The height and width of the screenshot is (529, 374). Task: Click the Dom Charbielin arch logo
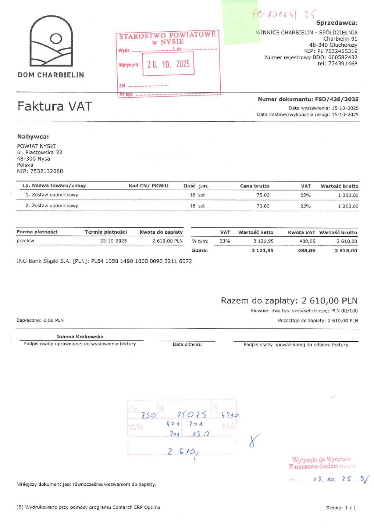click(x=51, y=41)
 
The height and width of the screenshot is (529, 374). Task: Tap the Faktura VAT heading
click(x=54, y=106)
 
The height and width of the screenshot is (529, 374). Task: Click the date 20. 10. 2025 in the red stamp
click(x=168, y=64)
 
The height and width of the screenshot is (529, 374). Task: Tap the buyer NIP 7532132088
click(x=40, y=171)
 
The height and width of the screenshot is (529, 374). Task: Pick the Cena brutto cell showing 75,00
click(x=263, y=195)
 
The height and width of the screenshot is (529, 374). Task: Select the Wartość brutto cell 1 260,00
click(x=348, y=206)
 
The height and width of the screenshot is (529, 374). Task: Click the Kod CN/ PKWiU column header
click(x=148, y=186)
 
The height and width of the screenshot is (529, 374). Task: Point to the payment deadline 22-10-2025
click(x=114, y=241)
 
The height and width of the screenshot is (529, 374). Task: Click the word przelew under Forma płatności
click(x=25, y=241)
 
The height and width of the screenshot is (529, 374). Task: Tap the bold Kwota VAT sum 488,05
click(x=306, y=251)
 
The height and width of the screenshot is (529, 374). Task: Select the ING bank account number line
click(x=104, y=261)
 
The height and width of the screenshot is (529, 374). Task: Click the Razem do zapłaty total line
click(x=289, y=301)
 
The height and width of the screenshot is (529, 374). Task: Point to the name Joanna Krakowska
click(x=80, y=337)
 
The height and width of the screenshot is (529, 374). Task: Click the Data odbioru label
click(x=187, y=345)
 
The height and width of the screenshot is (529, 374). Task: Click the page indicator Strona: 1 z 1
click(x=341, y=508)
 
